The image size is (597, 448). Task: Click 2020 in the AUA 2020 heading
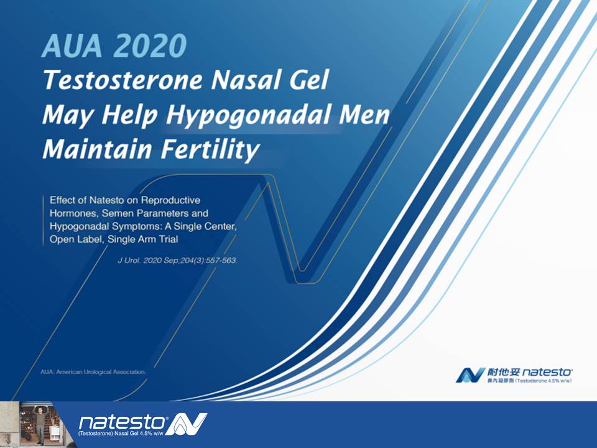point(150,45)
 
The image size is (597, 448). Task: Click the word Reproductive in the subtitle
point(170,200)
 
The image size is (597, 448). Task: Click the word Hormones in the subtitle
point(74,213)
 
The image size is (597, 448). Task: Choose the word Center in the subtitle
point(220,226)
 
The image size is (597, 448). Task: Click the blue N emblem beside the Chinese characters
point(471,375)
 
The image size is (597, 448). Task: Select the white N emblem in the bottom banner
point(186,424)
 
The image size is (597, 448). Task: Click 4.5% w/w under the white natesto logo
point(153,434)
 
